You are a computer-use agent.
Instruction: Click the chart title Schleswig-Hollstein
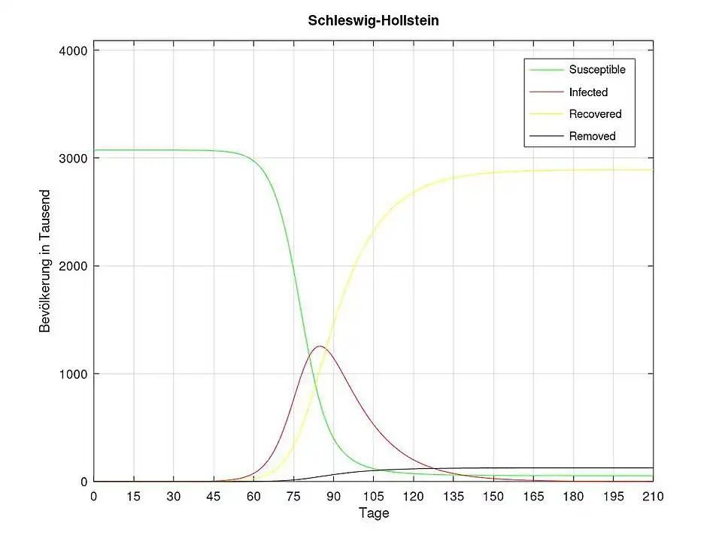373,21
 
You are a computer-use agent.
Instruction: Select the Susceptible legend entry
597,70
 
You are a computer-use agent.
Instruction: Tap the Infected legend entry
588,92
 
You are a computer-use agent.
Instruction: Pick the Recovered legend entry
595,114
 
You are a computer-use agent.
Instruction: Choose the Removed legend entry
592,136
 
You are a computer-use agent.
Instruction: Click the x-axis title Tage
373,514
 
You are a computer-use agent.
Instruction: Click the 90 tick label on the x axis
333,497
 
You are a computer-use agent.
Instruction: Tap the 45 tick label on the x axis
214,497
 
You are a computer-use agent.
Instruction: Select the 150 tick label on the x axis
493,497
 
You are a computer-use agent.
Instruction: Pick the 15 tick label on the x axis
134,497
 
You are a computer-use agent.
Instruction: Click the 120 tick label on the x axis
413,497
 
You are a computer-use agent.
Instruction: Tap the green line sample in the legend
546,70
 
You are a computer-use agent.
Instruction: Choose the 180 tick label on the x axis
573,497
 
